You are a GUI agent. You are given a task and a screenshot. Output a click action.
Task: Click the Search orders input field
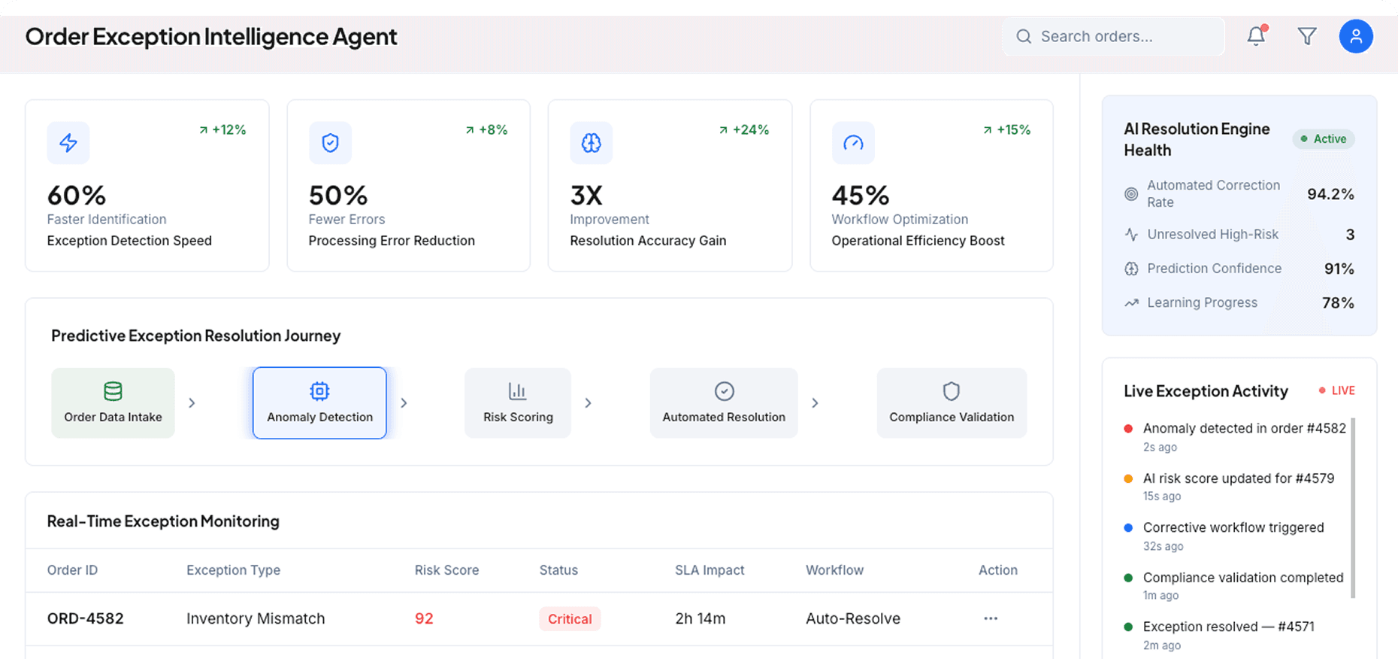pos(1112,36)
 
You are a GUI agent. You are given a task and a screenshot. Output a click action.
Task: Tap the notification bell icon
pos(1256,36)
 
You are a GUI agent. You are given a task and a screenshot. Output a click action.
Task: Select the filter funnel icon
pos(1307,36)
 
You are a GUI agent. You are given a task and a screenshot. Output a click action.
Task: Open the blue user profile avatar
pos(1356,36)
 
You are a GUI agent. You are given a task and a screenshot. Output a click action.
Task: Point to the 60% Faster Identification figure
pos(77,196)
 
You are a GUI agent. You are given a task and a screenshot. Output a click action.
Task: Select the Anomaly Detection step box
pos(319,403)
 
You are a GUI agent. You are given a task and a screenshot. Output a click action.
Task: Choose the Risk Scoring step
pos(518,403)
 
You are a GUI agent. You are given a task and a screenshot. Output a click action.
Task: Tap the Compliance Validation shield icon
pos(952,391)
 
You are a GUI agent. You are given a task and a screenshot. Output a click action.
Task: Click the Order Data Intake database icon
pos(113,391)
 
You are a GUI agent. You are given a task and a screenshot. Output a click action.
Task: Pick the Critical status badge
pos(570,619)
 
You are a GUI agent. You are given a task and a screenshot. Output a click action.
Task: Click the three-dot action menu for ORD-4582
pos(991,618)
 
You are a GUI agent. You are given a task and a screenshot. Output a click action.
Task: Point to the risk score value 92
pos(424,618)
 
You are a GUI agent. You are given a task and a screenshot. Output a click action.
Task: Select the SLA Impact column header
pos(710,570)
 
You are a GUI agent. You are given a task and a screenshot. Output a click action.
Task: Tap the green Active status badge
pos(1324,139)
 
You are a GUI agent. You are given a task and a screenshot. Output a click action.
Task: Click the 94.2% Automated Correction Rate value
pos(1330,194)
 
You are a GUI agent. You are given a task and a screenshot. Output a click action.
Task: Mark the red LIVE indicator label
pos(1342,390)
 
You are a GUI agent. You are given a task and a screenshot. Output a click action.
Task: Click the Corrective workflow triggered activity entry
pos(1233,528)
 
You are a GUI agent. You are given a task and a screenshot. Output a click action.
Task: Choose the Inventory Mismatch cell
pos(256,618)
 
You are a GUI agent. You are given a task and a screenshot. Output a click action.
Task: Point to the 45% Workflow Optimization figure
pos(861,196)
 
